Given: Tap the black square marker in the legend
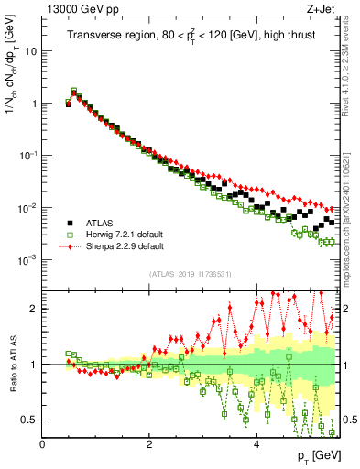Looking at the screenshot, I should pos(68,223).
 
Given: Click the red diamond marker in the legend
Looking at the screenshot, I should pos(68,246).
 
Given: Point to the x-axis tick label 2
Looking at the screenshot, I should pos(149,444).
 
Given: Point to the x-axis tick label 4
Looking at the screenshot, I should pos(256,444).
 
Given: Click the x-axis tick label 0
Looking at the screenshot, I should pos(43,444).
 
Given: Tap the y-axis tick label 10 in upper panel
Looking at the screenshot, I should pos(30,51).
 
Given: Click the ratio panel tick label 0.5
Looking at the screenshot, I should pos(30,420).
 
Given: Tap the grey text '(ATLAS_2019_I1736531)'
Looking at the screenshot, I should pos(190,274).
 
